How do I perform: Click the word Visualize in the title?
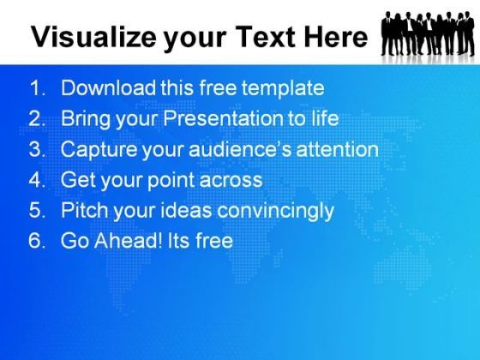point(94,37)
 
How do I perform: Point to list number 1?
point(38,87)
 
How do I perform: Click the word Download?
point(108,87)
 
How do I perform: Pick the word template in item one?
point(283,88)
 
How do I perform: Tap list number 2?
point(38,118)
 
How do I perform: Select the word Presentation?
point(223,118)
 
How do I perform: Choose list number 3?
point(38,149)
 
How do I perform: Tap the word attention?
point(338,149)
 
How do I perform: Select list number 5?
point(38,210)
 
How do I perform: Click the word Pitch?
point(85,210)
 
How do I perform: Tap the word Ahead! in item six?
point(128,240)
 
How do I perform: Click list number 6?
point(38,241)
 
